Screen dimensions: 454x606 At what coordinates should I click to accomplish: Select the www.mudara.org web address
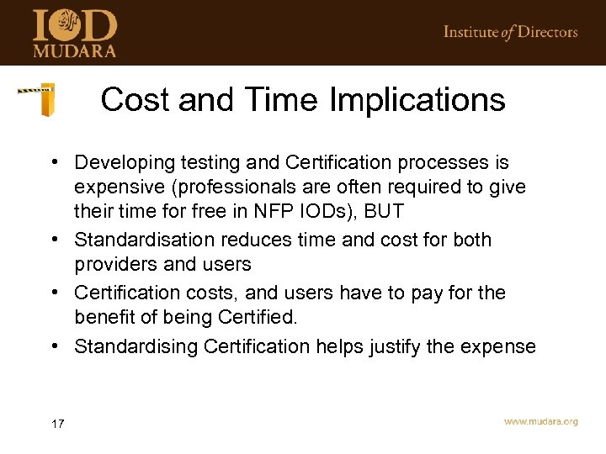coord(540,422)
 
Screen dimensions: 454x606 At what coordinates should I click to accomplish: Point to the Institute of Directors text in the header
coord(510,32)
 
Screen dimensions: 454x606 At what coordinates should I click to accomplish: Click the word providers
coord(112,264)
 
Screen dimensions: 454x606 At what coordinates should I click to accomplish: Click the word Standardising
coord(137,346)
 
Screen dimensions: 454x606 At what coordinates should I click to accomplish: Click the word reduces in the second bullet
coord(254,240)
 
